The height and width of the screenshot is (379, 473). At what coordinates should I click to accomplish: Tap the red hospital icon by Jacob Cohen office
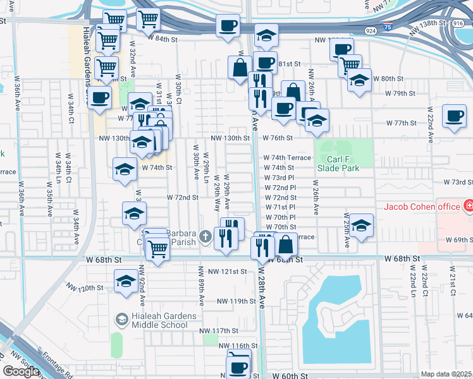click(x=468, y=207)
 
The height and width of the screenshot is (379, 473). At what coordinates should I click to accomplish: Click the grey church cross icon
click(x=204, y=237)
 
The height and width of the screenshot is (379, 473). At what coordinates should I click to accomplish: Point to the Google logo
click(x=21, y=371)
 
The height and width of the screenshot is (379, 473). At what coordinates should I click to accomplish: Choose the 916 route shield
click(x=458, y=22)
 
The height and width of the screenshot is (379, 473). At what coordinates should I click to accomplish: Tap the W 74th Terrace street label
click(x=288, y=158)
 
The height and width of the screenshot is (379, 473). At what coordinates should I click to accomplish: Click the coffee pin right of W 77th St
click(x=454, y=116)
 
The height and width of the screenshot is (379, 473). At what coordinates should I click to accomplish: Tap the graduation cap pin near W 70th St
click(x=360, y=225)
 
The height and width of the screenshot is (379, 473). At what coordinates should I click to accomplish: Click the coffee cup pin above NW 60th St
click(x=238, y=366)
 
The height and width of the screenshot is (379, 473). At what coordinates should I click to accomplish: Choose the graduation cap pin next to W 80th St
click(x=359, y=80)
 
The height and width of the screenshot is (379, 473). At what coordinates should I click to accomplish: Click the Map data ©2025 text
click(x=446, y=374)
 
